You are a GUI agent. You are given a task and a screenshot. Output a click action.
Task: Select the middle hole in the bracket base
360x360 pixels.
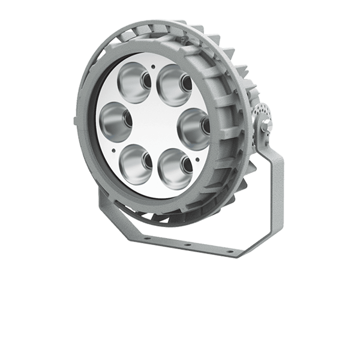[187, 244]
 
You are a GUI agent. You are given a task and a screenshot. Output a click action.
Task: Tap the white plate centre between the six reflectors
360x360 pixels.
[154, 123]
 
